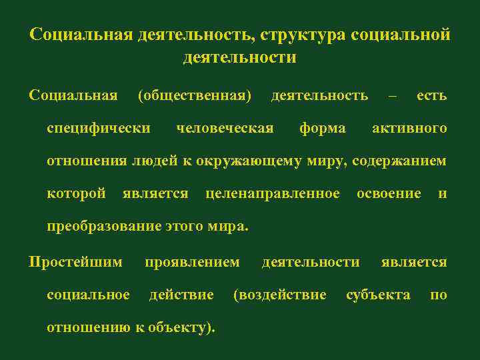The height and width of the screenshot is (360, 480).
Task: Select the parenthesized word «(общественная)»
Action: [195, 96]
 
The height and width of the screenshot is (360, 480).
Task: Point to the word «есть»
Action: [431, 96]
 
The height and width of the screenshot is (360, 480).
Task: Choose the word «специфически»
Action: [99, 128]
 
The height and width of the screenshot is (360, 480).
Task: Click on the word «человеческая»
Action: [225, 128]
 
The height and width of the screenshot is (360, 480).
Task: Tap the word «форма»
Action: [323, 128]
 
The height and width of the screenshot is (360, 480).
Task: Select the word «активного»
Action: [409, 128]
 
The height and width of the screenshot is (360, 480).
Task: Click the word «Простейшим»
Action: [75, 262]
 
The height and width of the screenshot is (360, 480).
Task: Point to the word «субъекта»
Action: [378, 295]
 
